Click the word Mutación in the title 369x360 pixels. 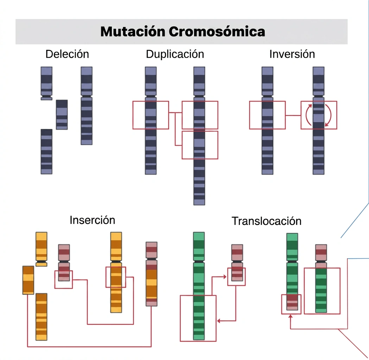point(133,32)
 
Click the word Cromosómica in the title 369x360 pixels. point(217,32)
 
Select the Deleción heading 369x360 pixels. point(67,54)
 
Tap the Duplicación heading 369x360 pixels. point(175,54)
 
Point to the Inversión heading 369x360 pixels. point(292,54)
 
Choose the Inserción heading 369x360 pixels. point(92,220)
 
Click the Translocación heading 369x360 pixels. point(267,221)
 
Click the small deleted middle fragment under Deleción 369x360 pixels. point(62,115)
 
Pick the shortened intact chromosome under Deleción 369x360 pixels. point(87,105)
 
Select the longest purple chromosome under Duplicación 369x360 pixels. point(199,136)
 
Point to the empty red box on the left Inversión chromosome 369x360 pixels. point(249,115)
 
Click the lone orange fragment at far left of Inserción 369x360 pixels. point(28,280)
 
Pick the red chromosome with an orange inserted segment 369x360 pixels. point(152,274)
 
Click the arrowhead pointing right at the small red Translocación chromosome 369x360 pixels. point(225,277)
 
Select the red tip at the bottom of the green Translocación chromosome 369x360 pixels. point(292,302)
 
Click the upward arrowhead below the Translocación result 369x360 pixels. point(291,316)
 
